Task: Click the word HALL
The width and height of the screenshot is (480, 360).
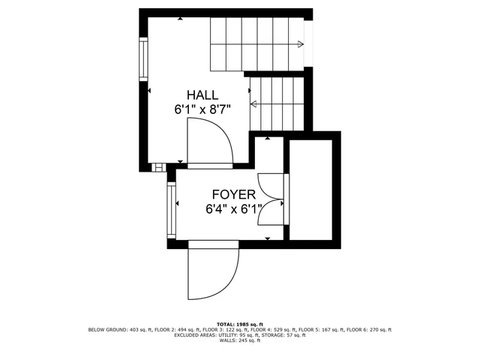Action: tap(202, 95)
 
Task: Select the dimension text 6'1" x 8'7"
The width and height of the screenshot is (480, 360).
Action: tap(202, 109)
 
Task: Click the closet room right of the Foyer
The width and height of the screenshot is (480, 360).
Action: tap(313, 188)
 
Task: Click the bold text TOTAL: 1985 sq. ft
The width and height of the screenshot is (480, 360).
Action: tap(240, 323)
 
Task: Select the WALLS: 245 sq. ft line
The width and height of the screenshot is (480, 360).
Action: tap(240, 341)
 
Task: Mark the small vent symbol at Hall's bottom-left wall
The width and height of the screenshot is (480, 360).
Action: tap(157, 166)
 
